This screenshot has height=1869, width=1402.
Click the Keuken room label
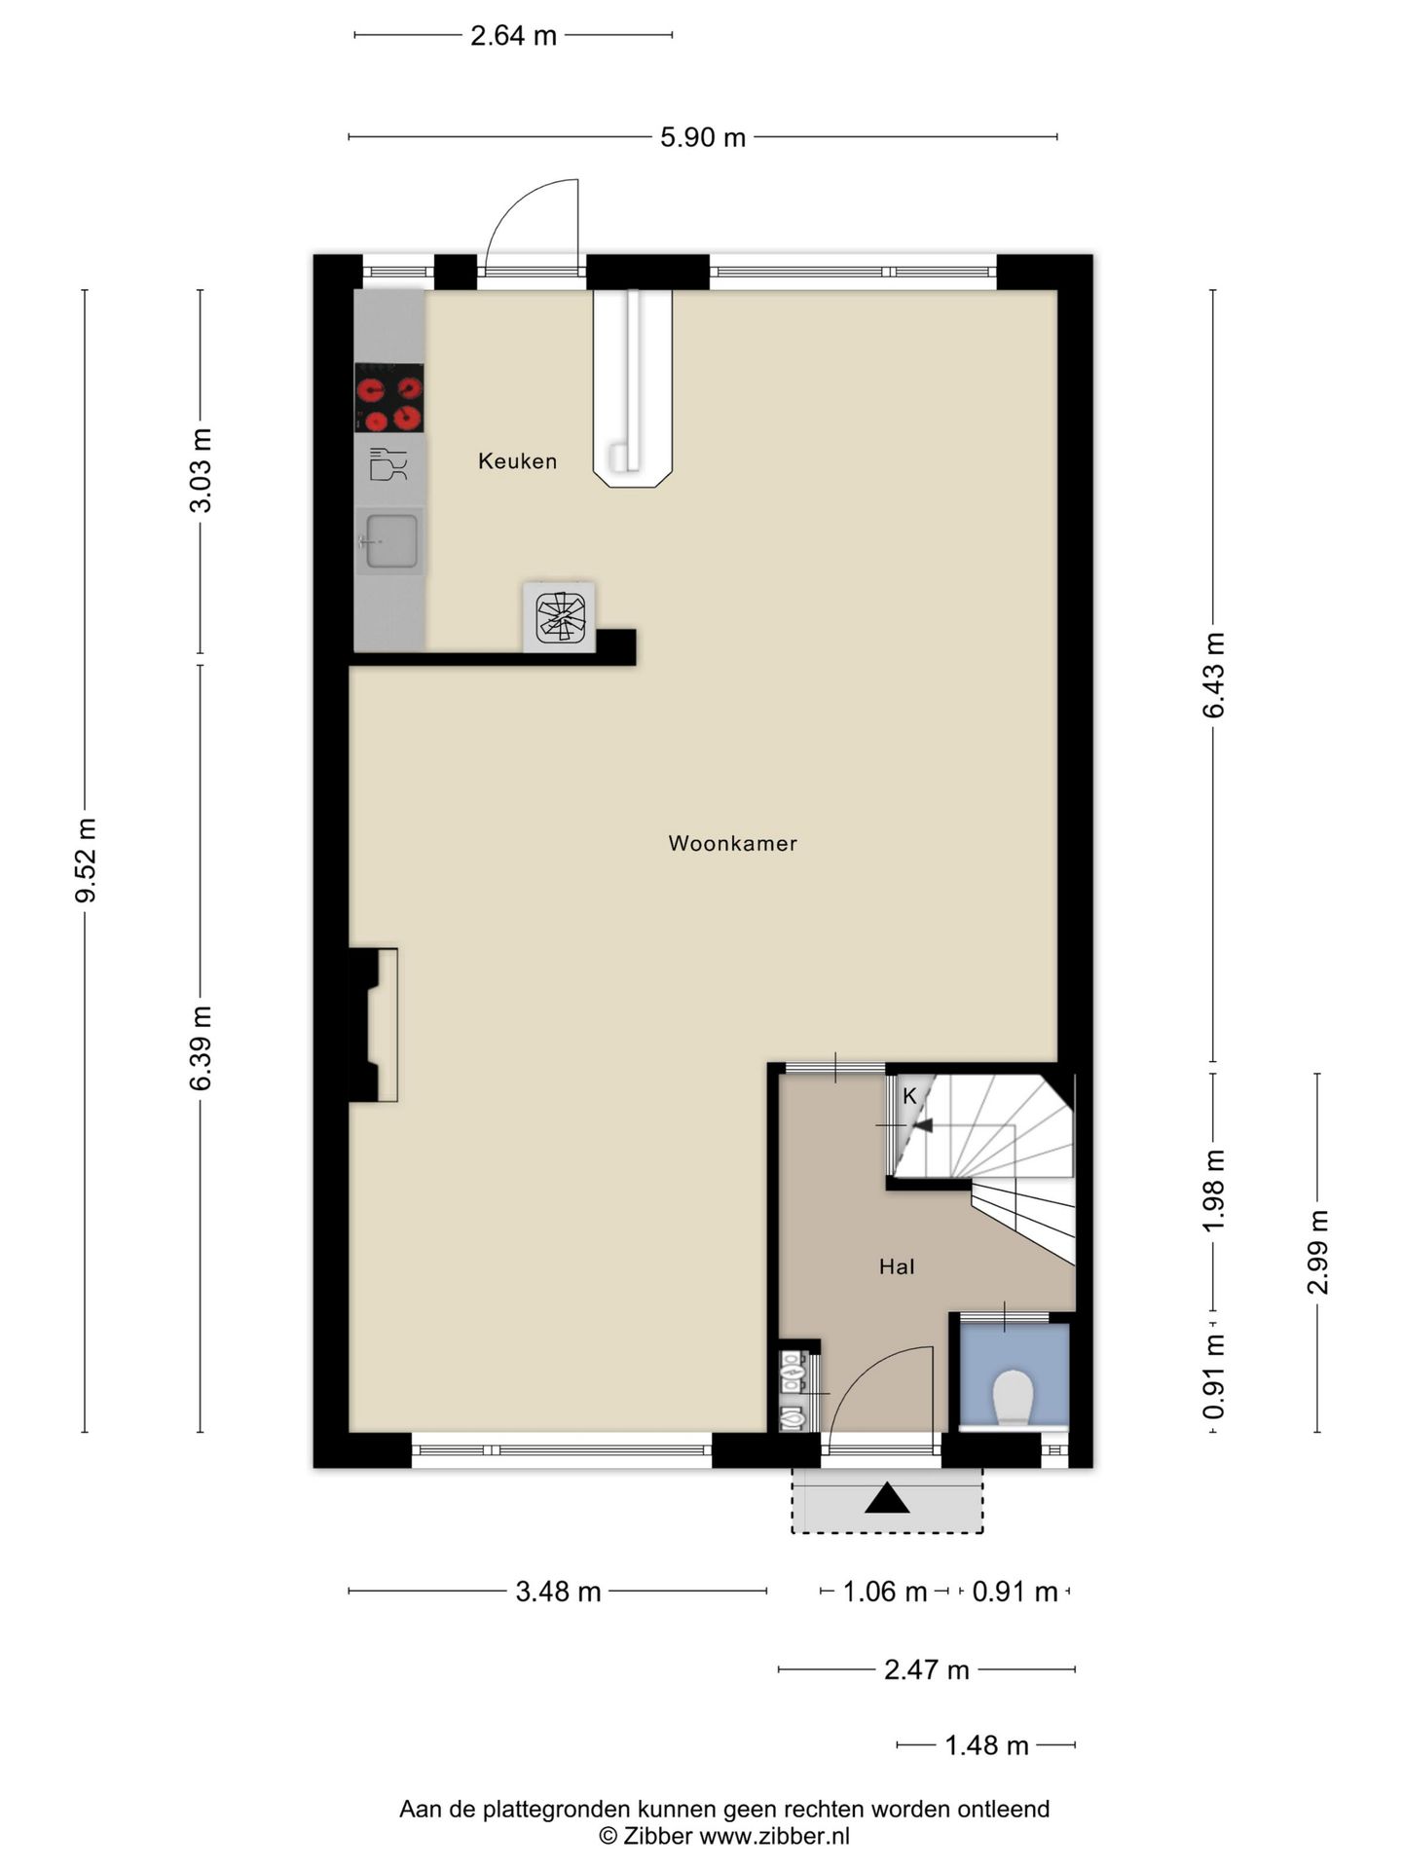pyautogui.click(x=517, y=461)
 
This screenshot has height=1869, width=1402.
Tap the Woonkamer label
pyautogui.click(x=732, y=844)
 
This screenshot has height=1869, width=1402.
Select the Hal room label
pyautogui.click(x=897, y=1266)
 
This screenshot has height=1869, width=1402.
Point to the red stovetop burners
pyautogui.click(x=388, y=397)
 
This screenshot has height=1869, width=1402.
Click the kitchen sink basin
pyautogui.click(x=390, y=540)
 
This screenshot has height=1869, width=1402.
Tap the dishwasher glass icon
pyautogui.click(x=388, y=464)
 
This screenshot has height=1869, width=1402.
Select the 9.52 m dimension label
pyautogui.click(x=86, y=861)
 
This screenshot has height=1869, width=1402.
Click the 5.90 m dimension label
pyautogui.click(x=703, y=137)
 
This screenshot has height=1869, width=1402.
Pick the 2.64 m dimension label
pyautogui.click(x=513, y=36)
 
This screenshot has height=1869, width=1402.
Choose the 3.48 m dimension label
pyautogui.click(x=558, y=1592)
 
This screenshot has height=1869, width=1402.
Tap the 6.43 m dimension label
pyautogui.click(x=1213, y=676)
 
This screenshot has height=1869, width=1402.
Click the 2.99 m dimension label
pyautogui.click(x=1317, y=1252)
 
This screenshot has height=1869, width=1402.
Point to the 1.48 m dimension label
pyautogui.click(x=986, y=1745)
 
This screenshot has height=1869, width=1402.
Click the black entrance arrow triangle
pyautogui.click(x=887, y=1498)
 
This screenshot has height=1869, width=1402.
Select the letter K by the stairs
pyautogui.click(x=909, y=1096)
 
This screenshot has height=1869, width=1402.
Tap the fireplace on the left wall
pyautogui.click(x=374, y=1025)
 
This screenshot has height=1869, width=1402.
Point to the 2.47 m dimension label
pyautogui.click(x=926, y=1669)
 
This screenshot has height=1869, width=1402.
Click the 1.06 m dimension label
pyautogui.click(x=884, y=1592)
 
